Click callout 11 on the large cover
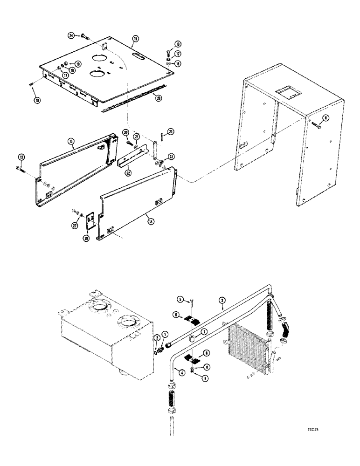click(326, 117)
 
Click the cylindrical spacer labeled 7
click(191, 336)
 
